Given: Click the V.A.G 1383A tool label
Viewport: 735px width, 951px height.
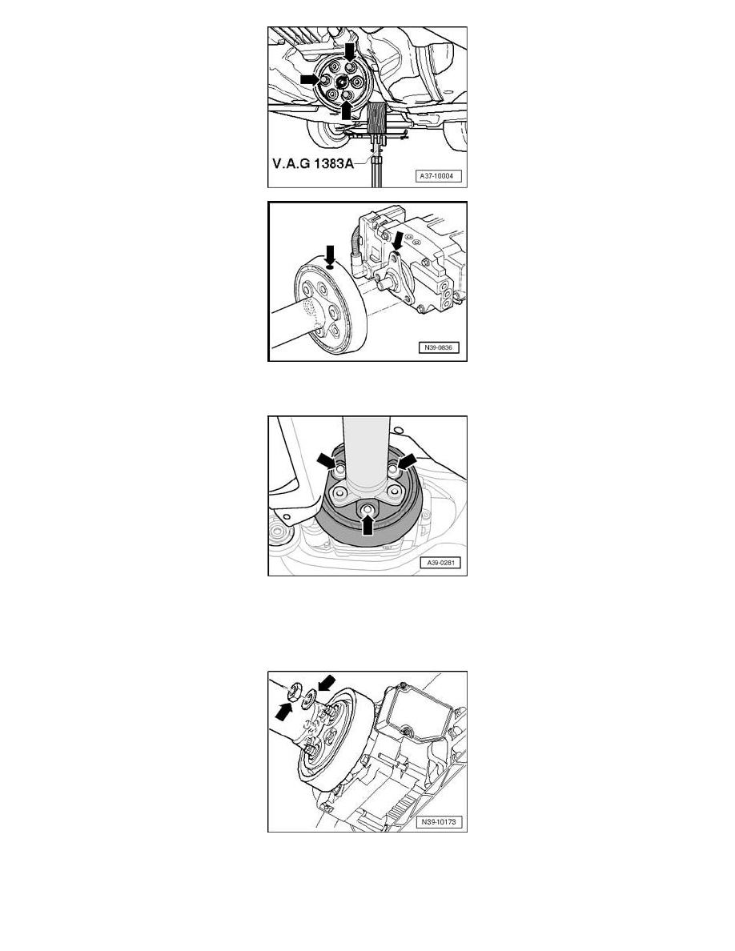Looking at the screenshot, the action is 313,163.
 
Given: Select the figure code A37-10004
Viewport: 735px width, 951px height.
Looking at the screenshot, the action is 438,176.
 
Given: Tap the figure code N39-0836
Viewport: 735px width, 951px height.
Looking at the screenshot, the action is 438,347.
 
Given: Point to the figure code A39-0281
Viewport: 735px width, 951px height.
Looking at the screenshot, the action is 440,563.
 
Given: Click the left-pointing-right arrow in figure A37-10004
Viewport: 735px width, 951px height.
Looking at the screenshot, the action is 311,79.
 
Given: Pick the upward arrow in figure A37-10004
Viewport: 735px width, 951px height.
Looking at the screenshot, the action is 346,109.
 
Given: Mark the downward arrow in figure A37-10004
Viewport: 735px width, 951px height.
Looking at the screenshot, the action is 351,52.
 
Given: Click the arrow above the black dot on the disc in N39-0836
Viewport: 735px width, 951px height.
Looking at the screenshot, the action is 330,254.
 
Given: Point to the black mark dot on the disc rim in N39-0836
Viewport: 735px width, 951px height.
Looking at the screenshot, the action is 330,267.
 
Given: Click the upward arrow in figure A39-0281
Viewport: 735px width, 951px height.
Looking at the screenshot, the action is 367,524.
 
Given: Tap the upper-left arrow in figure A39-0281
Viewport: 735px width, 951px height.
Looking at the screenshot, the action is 327,461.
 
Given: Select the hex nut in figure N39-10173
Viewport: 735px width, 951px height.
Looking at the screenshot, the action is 297,692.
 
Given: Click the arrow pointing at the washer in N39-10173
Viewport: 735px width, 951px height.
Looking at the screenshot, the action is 326,684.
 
